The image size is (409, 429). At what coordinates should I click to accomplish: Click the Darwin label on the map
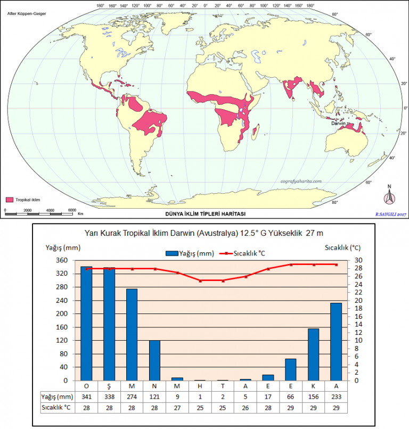(338, 123)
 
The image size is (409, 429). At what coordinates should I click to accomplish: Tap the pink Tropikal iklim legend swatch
(10, 200)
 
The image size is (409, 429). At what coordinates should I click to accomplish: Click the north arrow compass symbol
(389, 195)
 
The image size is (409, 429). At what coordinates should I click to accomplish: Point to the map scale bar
(39, 213)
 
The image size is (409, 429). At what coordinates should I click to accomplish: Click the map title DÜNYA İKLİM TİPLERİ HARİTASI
(206, 214)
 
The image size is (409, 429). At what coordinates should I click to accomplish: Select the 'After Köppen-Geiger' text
(27, 14)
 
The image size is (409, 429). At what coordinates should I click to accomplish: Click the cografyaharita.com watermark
(301, 181)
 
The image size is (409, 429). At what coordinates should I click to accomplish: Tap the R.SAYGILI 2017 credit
(391, 214)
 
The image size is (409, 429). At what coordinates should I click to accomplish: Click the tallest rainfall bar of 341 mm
(86, 324)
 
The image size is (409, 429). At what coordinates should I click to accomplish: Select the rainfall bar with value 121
(154, 360)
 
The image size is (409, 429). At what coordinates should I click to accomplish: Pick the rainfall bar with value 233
(336, 342)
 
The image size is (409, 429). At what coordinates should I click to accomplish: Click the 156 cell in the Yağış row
(313, 397)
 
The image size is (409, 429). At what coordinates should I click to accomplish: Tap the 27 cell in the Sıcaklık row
(177, 408)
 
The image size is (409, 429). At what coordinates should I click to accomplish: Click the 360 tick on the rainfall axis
(62, 260)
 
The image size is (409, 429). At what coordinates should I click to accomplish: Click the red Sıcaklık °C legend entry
(242, 253)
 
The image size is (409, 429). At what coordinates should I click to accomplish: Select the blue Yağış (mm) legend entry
(190, 253)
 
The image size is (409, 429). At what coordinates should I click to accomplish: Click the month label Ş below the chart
(109, 386)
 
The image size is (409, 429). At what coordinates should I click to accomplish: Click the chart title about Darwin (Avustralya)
(203, 233)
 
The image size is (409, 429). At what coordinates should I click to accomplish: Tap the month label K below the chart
(313, 386)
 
